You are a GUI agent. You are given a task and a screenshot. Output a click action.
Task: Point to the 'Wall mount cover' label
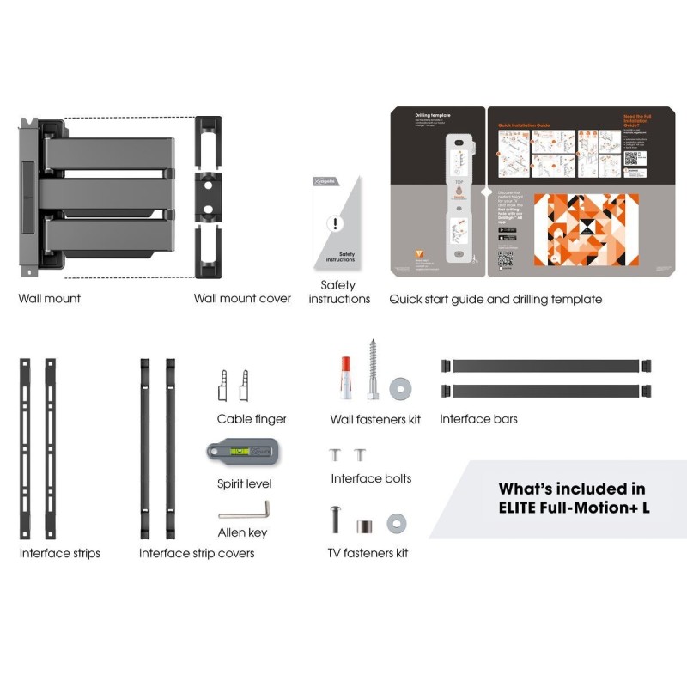coord(242,299)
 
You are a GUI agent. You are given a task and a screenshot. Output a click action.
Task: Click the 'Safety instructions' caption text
coord(339,292)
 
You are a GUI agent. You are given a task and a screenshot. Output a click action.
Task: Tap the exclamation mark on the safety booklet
coord(336,224)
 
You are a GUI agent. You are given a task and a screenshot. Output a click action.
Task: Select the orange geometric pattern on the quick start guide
coord(586,229)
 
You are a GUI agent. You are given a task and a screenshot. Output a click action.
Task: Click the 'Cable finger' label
coord(252,419)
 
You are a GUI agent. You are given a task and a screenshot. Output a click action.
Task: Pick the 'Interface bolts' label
coord(371,478)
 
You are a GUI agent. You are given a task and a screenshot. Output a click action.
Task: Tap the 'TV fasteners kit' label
coord(368,553)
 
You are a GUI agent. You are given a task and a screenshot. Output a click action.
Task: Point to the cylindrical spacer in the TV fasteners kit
coord(365,523)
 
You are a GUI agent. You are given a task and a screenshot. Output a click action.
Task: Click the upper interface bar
coord(546,366)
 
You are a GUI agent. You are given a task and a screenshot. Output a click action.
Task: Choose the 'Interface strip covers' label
coord(197,553)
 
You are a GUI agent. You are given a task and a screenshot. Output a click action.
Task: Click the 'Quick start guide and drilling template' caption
coord(495,299)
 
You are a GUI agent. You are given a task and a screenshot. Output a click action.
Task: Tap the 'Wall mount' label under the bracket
coord(50,299)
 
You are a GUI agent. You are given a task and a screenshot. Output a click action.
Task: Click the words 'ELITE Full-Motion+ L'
coord(574,508)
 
